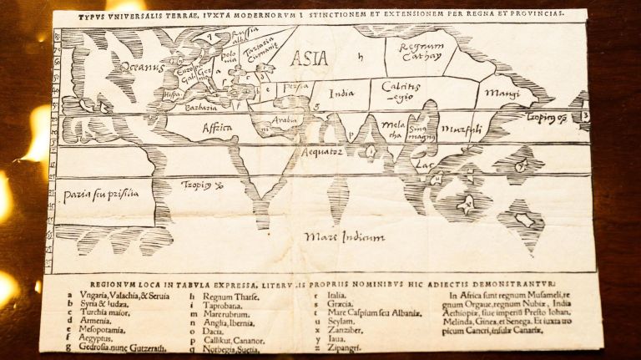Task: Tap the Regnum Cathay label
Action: (421, 52)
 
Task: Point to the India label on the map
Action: (342, 94)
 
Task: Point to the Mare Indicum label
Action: (345, 237)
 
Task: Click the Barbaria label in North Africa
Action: (201, 107)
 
